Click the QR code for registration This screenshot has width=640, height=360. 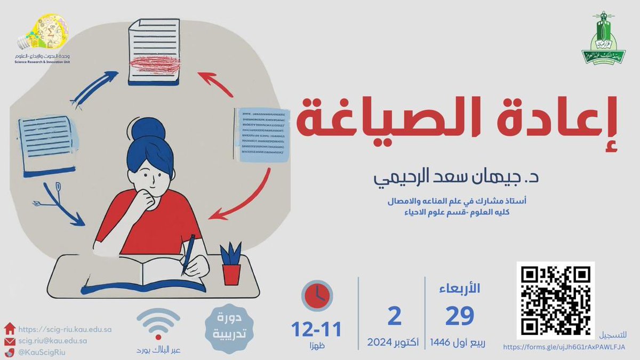coord(555,300)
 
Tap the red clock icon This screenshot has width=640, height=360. coord(317,295)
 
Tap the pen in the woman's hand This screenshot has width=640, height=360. coord(188,254)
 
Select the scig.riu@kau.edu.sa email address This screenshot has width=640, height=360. coord(53,340)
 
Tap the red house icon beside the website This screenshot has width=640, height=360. coord(9,329)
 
